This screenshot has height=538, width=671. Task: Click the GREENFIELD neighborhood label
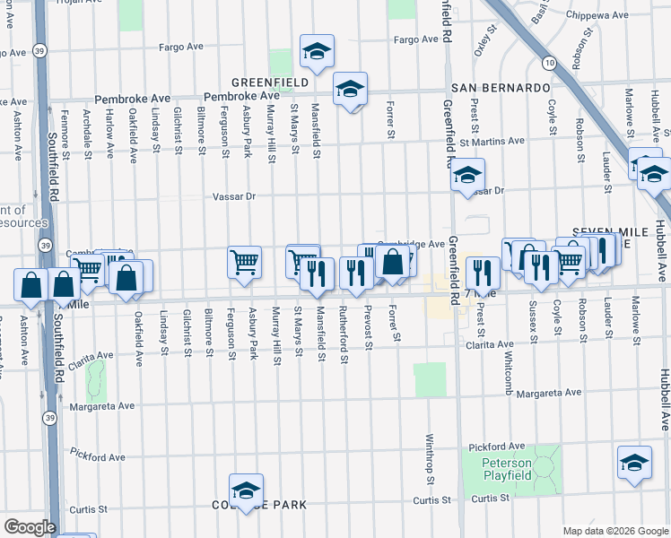270,82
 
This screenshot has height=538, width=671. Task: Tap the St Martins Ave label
492,141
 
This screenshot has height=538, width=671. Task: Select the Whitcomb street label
509,368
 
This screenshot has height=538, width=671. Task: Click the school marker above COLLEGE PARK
246,490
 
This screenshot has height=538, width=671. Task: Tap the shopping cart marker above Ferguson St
244,262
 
